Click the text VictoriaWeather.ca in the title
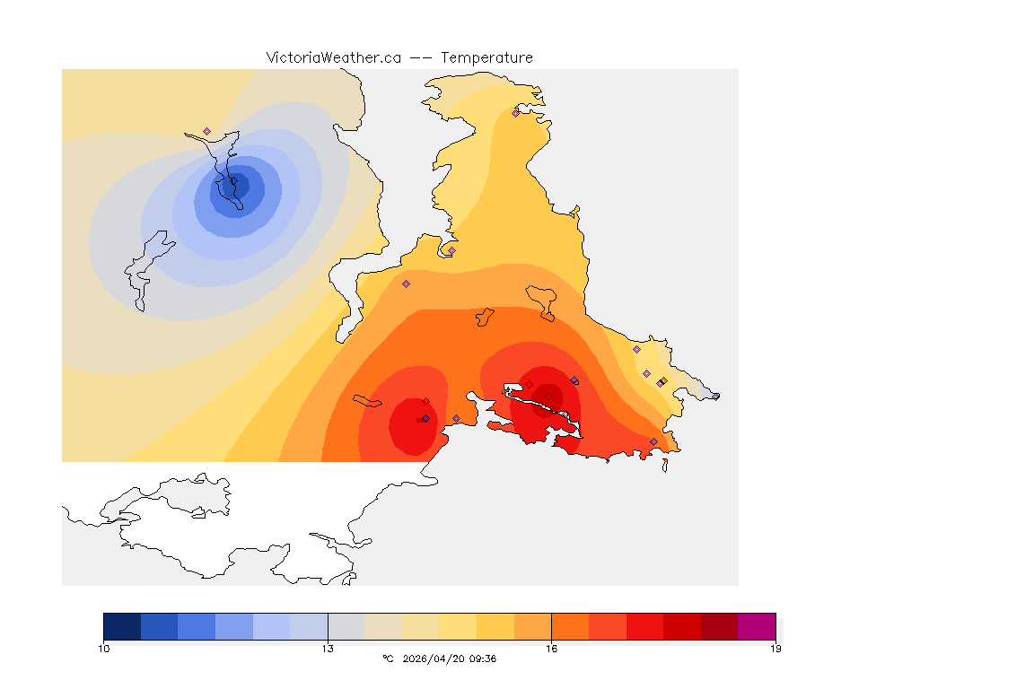tap(333, 57)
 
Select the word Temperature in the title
tap(486, 57)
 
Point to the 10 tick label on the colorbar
tap(104, 648)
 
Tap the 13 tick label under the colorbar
tap(328, 648)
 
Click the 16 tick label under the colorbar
tap(551, 648)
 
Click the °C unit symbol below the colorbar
tap(388, 658)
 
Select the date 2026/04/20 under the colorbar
tap(434, 658)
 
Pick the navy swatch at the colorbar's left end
tap(122, 626)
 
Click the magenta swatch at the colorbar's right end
tap(757, 626)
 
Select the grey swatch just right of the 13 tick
tap(346, 626)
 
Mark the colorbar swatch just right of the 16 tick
tap(570, 626)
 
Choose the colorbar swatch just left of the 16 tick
tap(532, 626)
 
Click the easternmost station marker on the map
tap(715, 396)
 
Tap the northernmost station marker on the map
tap(515, 113)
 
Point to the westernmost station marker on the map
tap(206, 131)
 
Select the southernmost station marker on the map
tap(653, 441)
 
